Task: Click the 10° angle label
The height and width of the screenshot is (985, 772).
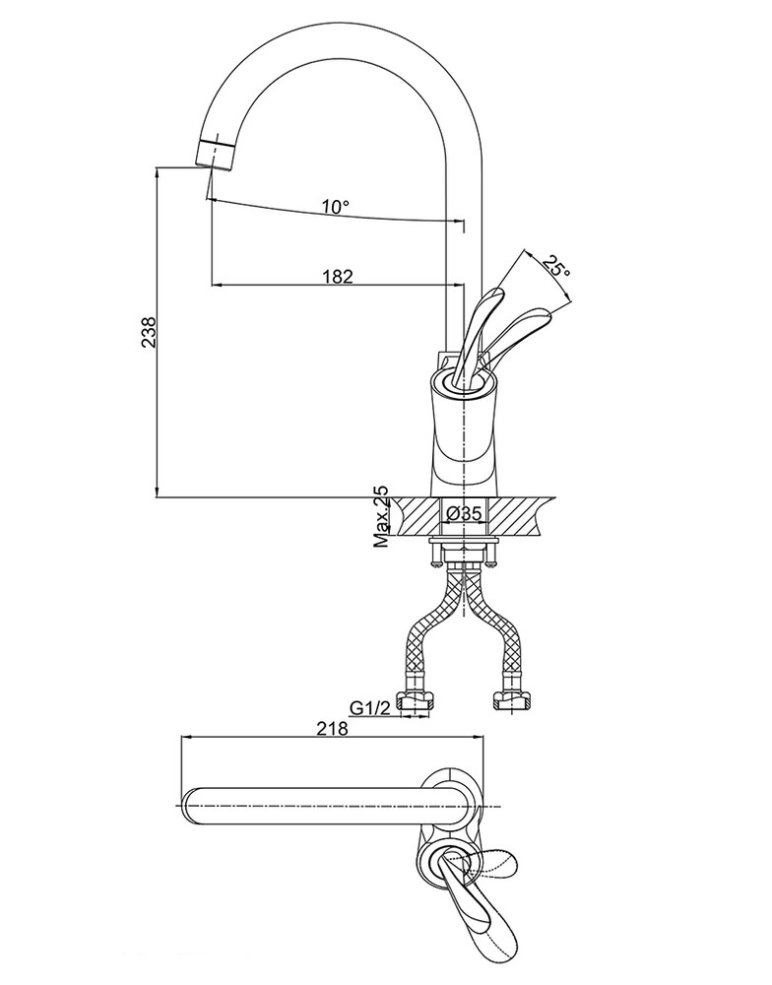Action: [x=336, y=206]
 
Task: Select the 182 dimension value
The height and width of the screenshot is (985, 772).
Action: [x=338, y=276]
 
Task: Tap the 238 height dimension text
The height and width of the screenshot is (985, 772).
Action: [x=149, y=332]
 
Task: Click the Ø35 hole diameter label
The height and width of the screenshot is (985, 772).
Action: [x=464, y=514]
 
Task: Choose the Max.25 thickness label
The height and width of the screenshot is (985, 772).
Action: [x=381, y=516]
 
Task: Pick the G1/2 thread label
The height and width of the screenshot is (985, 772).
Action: [x=370, y=708]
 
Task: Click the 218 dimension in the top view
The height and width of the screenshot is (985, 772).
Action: [x=332, y=728]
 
